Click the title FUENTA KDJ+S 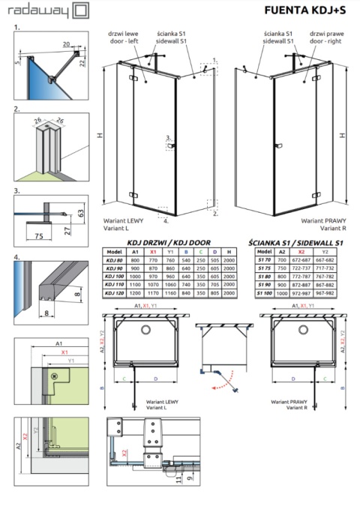tap(306, 10)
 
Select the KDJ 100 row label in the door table tap(115, 275)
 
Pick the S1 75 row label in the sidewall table tap(262, 267)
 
